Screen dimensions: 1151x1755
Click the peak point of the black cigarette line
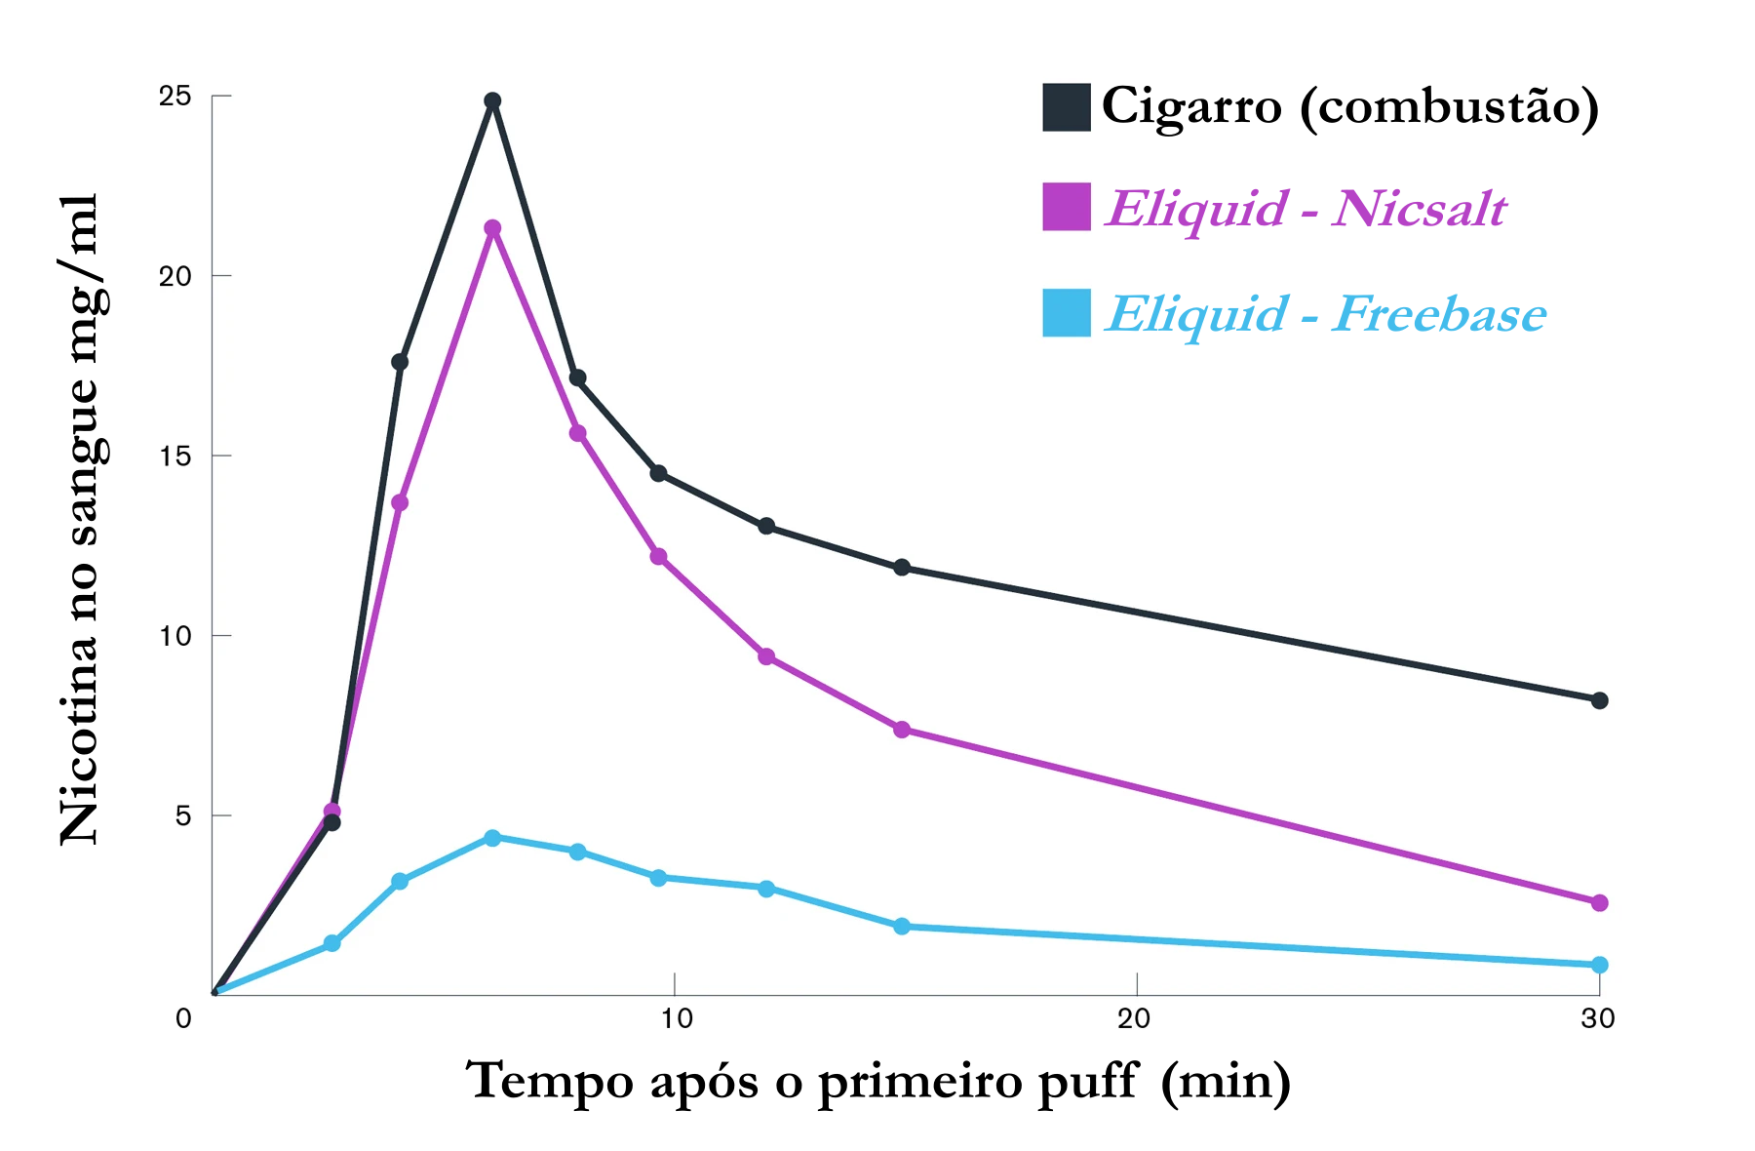coord(492,100)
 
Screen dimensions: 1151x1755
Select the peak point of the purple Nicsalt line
coord(492,228)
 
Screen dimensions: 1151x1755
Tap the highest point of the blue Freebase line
coord(492,838)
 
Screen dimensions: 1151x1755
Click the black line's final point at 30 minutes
coord(1599,700)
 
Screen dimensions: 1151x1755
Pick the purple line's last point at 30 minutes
coord(1599,903)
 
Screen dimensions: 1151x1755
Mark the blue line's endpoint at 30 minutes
coord(1599,965)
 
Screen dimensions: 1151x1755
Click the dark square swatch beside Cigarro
coord(1066,107)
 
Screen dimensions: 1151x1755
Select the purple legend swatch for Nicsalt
coord(1066,207)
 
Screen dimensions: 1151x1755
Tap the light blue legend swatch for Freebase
coord(1066,313)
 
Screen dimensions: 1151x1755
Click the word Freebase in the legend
coord(1439,314)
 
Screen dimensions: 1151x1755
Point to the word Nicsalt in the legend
coord(1420,209)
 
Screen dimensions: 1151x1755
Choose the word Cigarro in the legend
coord(1191,105)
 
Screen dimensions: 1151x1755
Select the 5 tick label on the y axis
coord(183,815)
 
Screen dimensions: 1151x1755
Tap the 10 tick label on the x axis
coord(676,1019)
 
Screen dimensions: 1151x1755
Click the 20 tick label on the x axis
coord(1134,1019)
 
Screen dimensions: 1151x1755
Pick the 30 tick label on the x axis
coord(1598,1019)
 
